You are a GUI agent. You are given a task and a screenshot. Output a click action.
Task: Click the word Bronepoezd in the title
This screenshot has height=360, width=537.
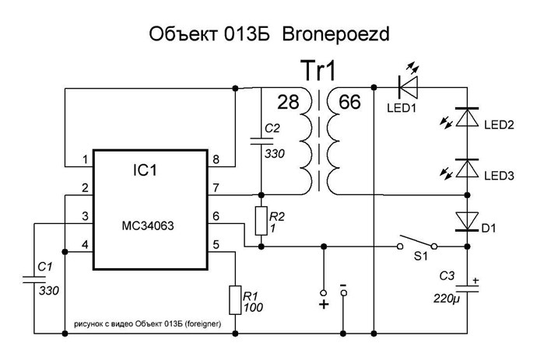tap(335, 34)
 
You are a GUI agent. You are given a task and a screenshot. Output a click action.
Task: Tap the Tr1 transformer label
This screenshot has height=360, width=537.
tap(318, 71)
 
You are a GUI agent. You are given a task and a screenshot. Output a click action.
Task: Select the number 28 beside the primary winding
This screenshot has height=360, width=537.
tap(288, 102)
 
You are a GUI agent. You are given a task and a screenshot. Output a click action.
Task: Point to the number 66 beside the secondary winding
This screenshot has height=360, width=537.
tap(349, 102)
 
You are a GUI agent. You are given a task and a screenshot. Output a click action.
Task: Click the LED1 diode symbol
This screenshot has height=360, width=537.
tap(409, 88)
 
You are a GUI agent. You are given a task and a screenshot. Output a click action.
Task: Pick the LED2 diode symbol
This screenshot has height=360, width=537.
tap(467, 117)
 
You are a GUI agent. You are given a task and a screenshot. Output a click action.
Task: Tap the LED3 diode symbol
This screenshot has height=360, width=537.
tap(467, 169)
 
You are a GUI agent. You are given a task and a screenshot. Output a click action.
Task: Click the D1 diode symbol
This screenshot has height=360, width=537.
tap(467, 222)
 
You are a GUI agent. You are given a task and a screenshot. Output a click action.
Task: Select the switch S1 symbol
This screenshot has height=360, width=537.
tap(417, 242)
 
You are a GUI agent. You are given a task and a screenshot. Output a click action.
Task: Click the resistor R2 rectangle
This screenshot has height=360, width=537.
tap(261, 221)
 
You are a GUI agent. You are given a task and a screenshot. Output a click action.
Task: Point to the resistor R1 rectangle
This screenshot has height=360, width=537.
tap(235, 300)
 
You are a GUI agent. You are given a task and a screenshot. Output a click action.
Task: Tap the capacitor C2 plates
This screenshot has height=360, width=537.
tap(261, 141)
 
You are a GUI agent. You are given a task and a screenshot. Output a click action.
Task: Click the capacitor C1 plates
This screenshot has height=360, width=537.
tap(34, 279)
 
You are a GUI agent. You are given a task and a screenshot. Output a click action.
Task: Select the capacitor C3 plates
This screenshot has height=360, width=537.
tap(467, 288)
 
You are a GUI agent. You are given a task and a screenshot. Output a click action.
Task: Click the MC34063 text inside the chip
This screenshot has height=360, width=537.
tap(148, 225)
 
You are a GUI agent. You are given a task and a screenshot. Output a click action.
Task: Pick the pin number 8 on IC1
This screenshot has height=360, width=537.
tap(216, 159)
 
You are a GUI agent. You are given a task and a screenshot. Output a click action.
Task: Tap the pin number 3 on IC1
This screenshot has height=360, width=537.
tap(85, 216)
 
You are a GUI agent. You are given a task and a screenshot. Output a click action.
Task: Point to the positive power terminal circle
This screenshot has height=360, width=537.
tap(323, 293)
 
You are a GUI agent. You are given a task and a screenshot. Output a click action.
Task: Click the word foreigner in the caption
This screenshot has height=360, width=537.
tap(203, 323)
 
